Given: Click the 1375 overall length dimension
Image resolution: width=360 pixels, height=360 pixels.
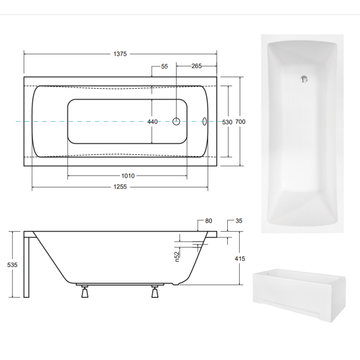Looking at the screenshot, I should point(121,54).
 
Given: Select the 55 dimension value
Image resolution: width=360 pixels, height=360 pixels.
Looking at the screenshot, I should point(165,66).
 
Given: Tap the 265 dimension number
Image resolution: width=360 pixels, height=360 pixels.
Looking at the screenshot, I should point(196,66).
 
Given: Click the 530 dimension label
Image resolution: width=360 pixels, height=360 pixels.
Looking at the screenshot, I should point(227,122).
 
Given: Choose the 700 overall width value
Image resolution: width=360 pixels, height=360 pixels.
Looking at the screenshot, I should point(241,122).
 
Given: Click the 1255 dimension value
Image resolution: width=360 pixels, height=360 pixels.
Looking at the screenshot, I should point(121,187).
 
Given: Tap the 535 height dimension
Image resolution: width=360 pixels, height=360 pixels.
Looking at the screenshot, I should point(12,265).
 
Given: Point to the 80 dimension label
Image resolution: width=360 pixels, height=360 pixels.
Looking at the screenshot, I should point(208,221).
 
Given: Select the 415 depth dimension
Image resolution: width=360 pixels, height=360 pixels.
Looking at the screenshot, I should point(240,259).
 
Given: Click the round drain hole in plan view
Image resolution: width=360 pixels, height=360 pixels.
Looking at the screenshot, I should point(176,121).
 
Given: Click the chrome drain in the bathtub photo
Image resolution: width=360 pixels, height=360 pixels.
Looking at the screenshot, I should point(304,79).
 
